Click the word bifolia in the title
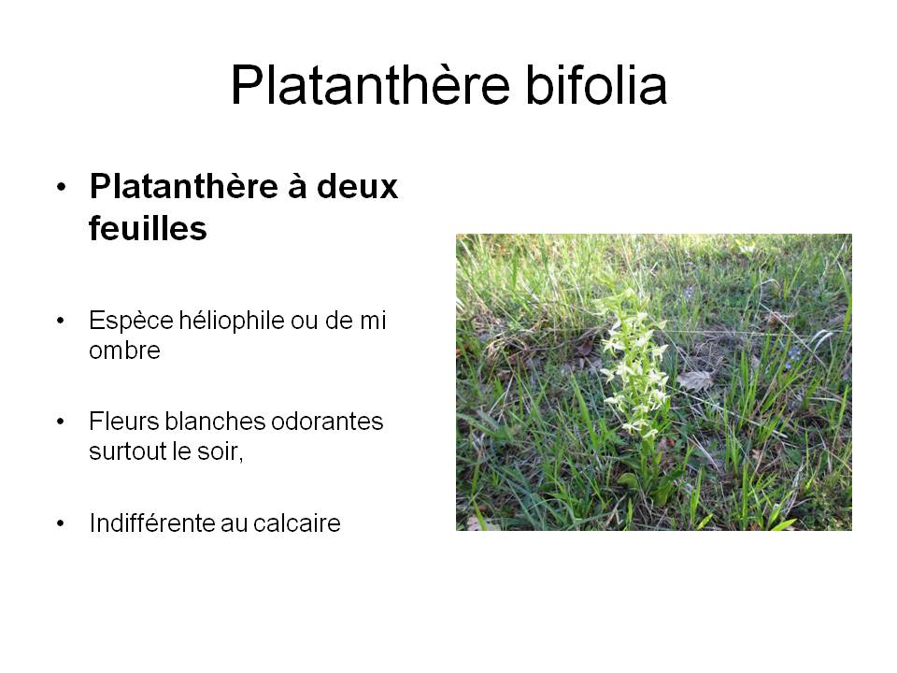click(596, 85)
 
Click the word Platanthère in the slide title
click(370, 85)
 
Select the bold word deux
click(357, 187)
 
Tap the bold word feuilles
click(148, 228)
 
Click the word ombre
click(124, 351)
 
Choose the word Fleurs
click(123, 422)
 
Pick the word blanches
click(215, 422)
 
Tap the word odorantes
click(327, 422)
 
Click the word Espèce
click(131, 321)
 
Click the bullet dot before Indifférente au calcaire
click(61, 523)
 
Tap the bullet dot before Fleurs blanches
click(61, 422)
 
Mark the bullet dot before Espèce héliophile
click(61, 321)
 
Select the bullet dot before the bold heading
click(62, 187)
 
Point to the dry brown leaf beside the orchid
click(694, 380)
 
